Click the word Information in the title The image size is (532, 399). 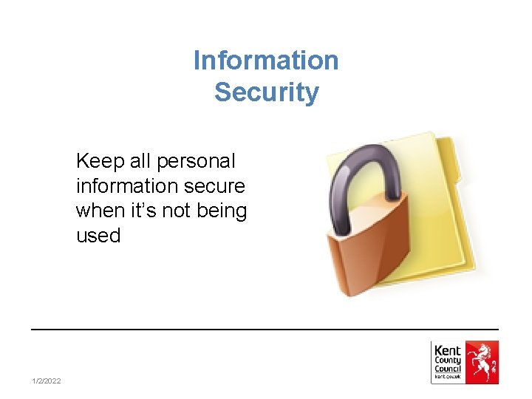(266, 61)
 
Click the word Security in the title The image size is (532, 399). (266, 93)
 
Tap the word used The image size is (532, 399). (98, 236)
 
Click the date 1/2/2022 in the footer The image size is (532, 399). (47, 381)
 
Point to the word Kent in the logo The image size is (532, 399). (447, 351)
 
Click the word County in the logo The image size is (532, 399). (447, 361)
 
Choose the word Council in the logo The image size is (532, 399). (447, 369)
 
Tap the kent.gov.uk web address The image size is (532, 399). (447, 378)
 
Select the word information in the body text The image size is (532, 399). (120, 185)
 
